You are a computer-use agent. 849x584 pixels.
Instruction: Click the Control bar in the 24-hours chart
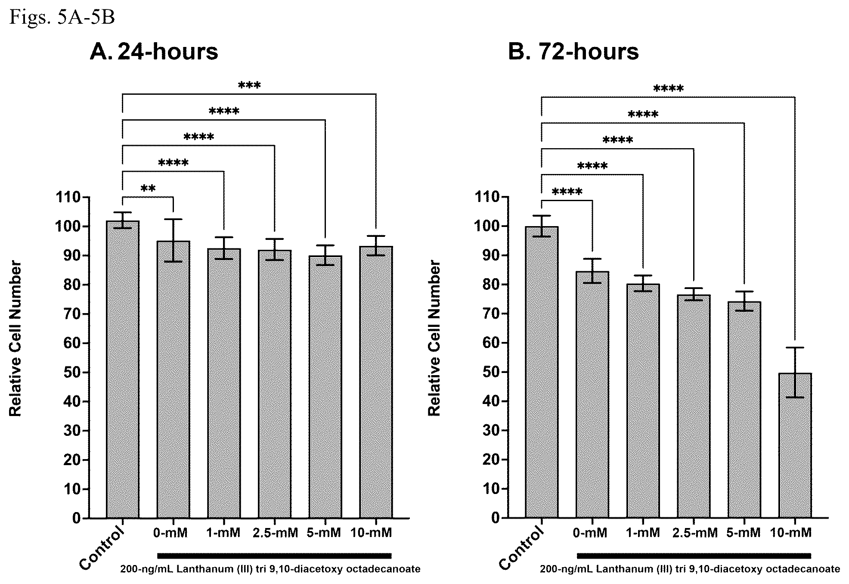point(123,370)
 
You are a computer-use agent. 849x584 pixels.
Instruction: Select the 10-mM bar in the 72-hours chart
point(795,446)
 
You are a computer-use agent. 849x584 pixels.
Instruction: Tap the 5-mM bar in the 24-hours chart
point(325,387)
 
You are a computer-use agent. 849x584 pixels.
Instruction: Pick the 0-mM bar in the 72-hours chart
point(592,395)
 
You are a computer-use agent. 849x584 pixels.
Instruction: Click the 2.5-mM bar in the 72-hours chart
point(694,407)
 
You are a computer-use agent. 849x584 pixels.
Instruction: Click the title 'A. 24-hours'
point(154,52)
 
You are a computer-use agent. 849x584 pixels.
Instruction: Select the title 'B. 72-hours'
point(573,52)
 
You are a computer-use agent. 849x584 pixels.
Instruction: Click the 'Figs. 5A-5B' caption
point(62,18)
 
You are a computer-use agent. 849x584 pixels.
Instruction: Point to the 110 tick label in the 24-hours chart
point(68,197)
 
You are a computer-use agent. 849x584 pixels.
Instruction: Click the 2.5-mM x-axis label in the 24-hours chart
point(275,533)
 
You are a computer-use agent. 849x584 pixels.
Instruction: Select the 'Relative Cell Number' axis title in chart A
point(15,339)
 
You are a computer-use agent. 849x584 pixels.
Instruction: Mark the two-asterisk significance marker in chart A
point(148,189)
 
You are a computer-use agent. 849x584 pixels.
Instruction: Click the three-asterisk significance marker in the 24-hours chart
point(249,85)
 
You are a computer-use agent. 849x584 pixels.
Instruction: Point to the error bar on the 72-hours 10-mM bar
point(795,372)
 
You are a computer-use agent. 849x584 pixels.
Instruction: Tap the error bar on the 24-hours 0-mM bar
point(174,240)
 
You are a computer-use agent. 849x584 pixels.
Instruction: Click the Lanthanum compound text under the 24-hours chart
point(270,569)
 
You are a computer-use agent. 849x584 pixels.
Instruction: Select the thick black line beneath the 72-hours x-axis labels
point(694,555)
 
